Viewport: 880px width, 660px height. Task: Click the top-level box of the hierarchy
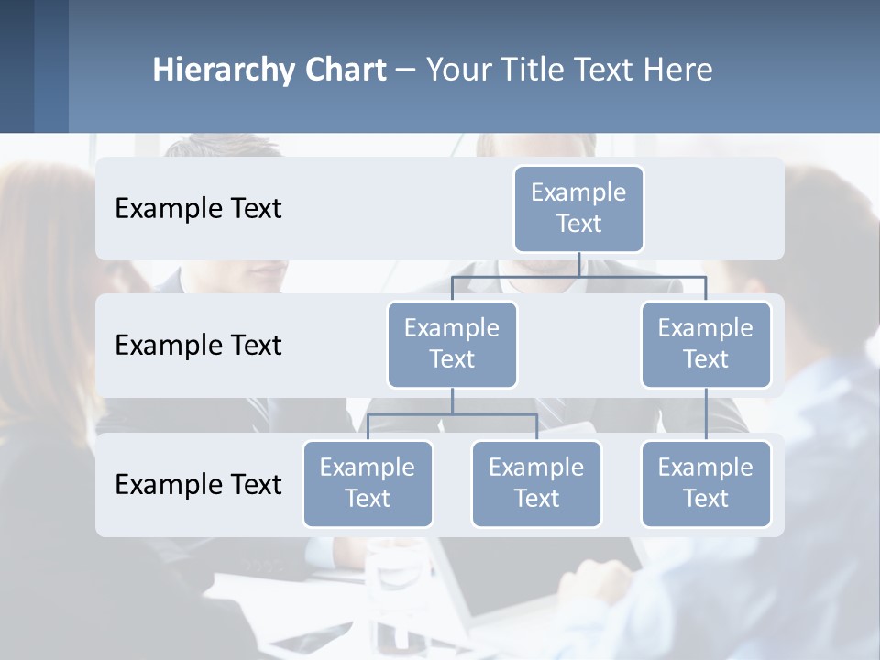point(578,208)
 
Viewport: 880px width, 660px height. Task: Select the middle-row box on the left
point(452,344)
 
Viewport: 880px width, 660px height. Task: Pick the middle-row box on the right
point(706,344)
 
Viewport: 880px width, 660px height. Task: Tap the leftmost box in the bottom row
point(368,483)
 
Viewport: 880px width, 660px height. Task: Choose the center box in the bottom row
point(536,483)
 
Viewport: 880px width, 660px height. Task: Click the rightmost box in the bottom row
point(706,483)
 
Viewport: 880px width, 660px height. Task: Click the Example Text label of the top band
point(198,209)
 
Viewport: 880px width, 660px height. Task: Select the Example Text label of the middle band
point(198,346)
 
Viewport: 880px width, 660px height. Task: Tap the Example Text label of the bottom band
point(198,484)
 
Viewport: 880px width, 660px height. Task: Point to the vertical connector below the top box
point(578,264)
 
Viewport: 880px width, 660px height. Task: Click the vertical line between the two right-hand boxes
point(706,413)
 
